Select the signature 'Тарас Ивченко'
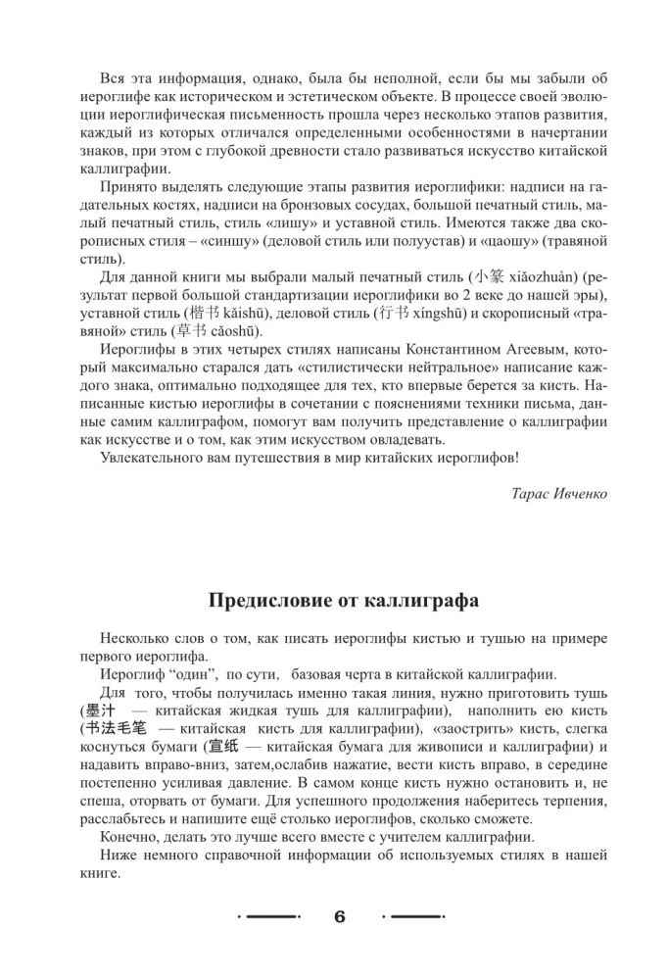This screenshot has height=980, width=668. (559, 493)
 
